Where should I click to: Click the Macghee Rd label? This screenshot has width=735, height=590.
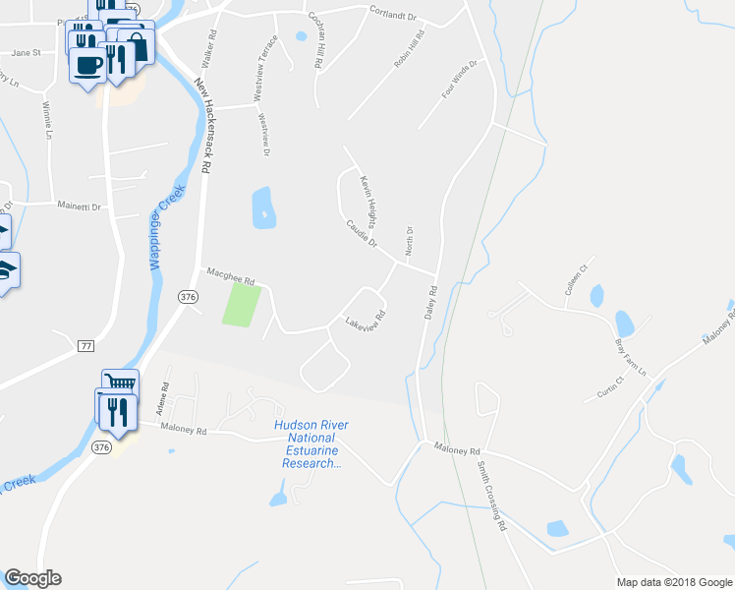pyautogui.click(x=229, y=275)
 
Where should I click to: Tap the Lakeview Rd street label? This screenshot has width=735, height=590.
pyautogui.click(x=364, y=320)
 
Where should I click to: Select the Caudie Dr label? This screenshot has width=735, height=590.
pyautogui.click(x=362, y=233)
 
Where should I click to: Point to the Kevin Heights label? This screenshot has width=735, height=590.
pyautogui.click(x=374, y=200)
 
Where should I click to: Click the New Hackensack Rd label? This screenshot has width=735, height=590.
pyautogui.click(x=203, y=125)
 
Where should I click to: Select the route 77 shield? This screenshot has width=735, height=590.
pyautogui.click(x=86, y=345)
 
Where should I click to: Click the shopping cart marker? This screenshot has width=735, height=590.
pyautogui.click(x=120, y=383)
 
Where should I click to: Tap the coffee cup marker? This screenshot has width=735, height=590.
pyautogui.click(x=88, y=66)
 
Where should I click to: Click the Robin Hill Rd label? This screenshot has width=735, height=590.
pyautogui.click(x=409, y=48)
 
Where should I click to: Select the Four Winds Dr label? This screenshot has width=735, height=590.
pyautogui.click(x=459, y=79)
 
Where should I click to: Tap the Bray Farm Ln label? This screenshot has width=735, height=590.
pyautogui.click(x=631, y=359)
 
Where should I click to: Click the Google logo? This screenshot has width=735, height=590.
pyautogui.click(x=32, y=578)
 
